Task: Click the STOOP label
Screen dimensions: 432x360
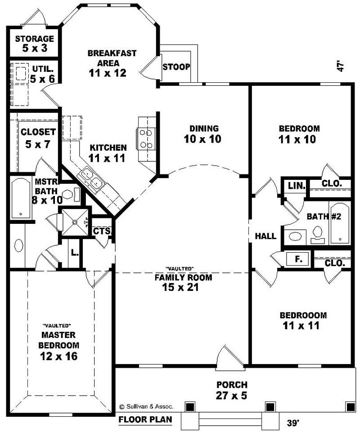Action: [176, 67]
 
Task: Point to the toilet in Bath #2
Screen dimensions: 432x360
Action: [317, 233]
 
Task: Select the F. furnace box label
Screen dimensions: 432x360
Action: [297, 259]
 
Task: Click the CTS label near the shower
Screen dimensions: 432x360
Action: [99, 231]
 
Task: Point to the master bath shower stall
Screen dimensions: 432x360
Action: [74, 222]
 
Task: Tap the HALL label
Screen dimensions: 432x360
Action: [265, 236]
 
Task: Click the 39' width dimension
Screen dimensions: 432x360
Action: [293, 423]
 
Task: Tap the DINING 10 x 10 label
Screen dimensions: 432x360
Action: [203, 134]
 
